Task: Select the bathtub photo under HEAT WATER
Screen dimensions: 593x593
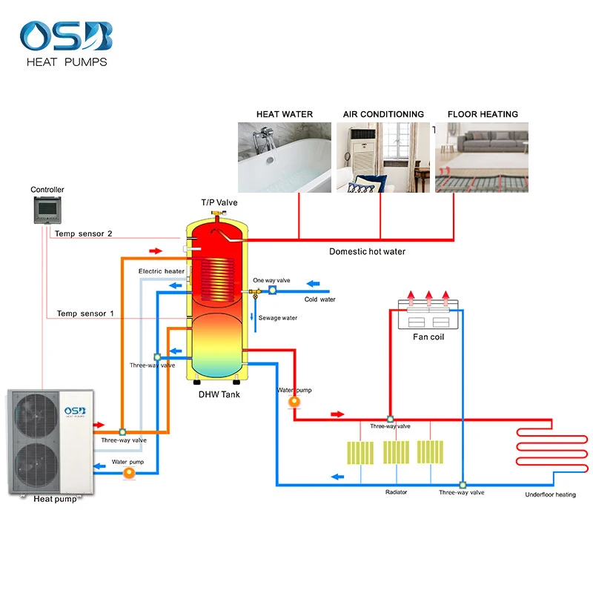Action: (285, 157)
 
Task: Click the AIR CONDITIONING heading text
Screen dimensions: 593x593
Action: (383, 114)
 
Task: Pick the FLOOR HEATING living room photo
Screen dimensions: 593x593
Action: (482, 157)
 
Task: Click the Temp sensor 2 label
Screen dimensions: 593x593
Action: (85, 233)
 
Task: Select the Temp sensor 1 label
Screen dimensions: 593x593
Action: (85, 314)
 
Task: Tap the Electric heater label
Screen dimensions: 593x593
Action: (162, 271)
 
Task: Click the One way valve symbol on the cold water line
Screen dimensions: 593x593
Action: (272, 290)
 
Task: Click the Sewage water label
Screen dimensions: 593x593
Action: (278, 317)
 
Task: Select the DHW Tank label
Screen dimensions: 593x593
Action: (219, 394)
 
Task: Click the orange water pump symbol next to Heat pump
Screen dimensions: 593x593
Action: (130, 472)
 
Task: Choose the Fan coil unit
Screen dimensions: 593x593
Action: (430, 313)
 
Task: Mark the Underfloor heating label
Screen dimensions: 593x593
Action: (550, 494)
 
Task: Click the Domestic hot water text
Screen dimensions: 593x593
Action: (367, 252)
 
